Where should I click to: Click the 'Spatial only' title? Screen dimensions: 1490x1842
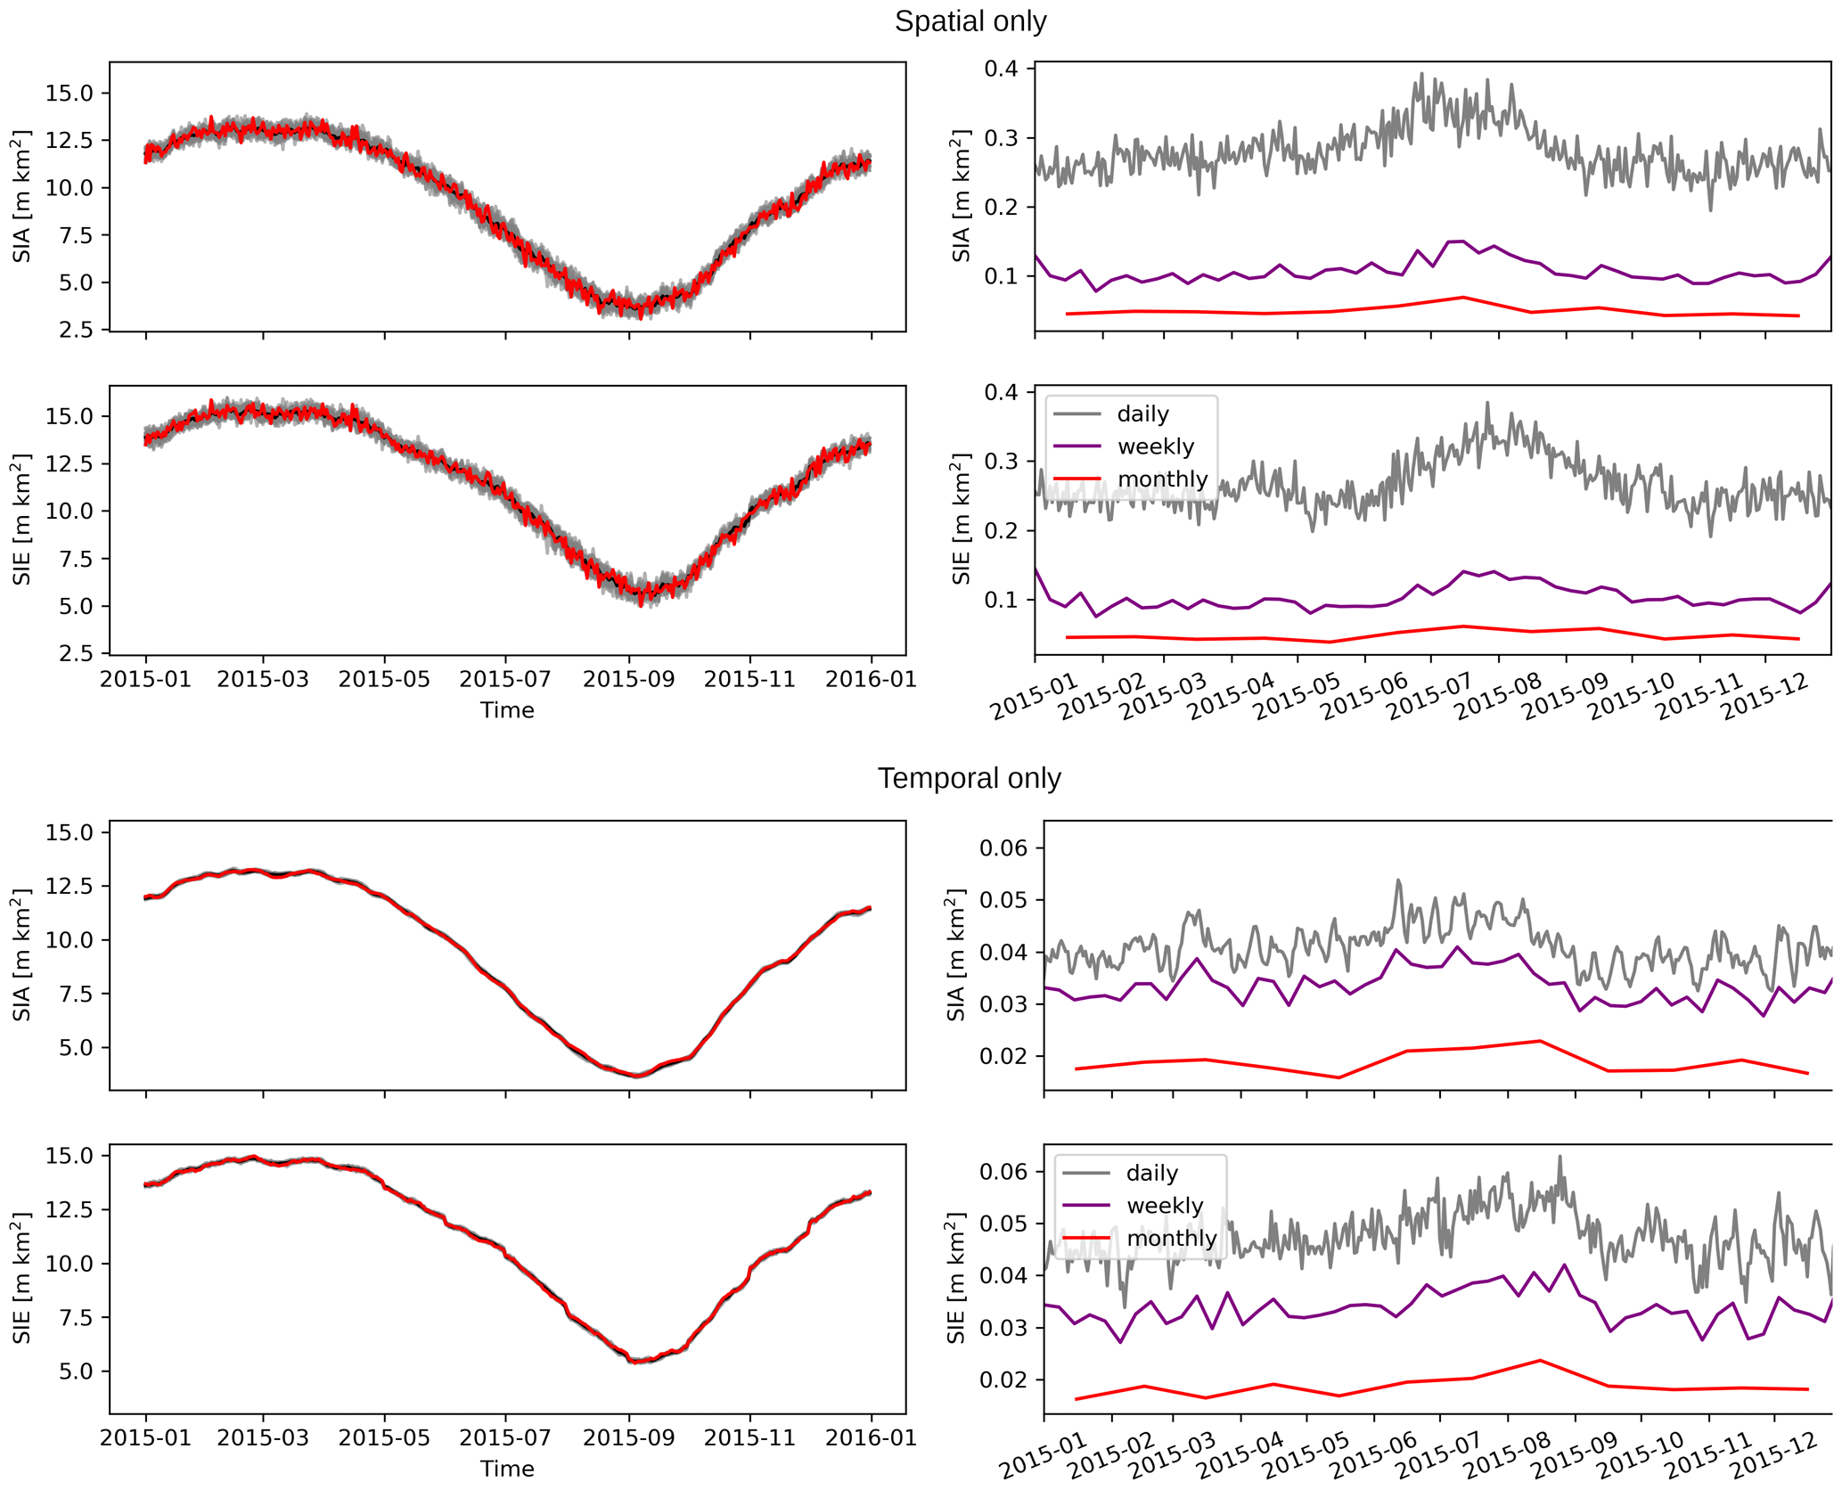[x=970, y=21]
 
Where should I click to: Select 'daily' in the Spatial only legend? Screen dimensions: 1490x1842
[x=1142, y=413]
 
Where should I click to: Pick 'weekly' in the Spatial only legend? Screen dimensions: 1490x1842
[x=1155, y=446]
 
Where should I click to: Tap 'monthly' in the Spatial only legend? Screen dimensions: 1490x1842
[x=1162, y=479]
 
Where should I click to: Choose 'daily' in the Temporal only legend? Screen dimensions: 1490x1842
[x=1151, y=1173]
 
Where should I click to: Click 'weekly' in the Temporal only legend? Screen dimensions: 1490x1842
[x=1164, y=1206]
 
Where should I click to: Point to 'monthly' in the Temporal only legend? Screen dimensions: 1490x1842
[x=1171, y=1239]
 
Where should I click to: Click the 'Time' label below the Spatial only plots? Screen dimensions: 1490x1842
[x=507, y=710]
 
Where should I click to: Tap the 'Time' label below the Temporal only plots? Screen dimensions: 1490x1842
[x=507, y=1469]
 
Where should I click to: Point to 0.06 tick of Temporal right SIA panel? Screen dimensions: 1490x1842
[x=1003, y=847]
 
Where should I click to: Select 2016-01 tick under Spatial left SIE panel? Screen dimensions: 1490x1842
[x=871, y=680]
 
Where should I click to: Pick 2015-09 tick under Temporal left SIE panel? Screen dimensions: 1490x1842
[x=629, y=1437]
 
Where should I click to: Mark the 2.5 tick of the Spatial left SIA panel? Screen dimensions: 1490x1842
[x=73, y=330]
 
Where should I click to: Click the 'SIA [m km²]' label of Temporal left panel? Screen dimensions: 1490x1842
[x=22, y=954]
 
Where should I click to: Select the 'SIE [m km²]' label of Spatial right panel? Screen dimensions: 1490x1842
[x=962, y=520]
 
